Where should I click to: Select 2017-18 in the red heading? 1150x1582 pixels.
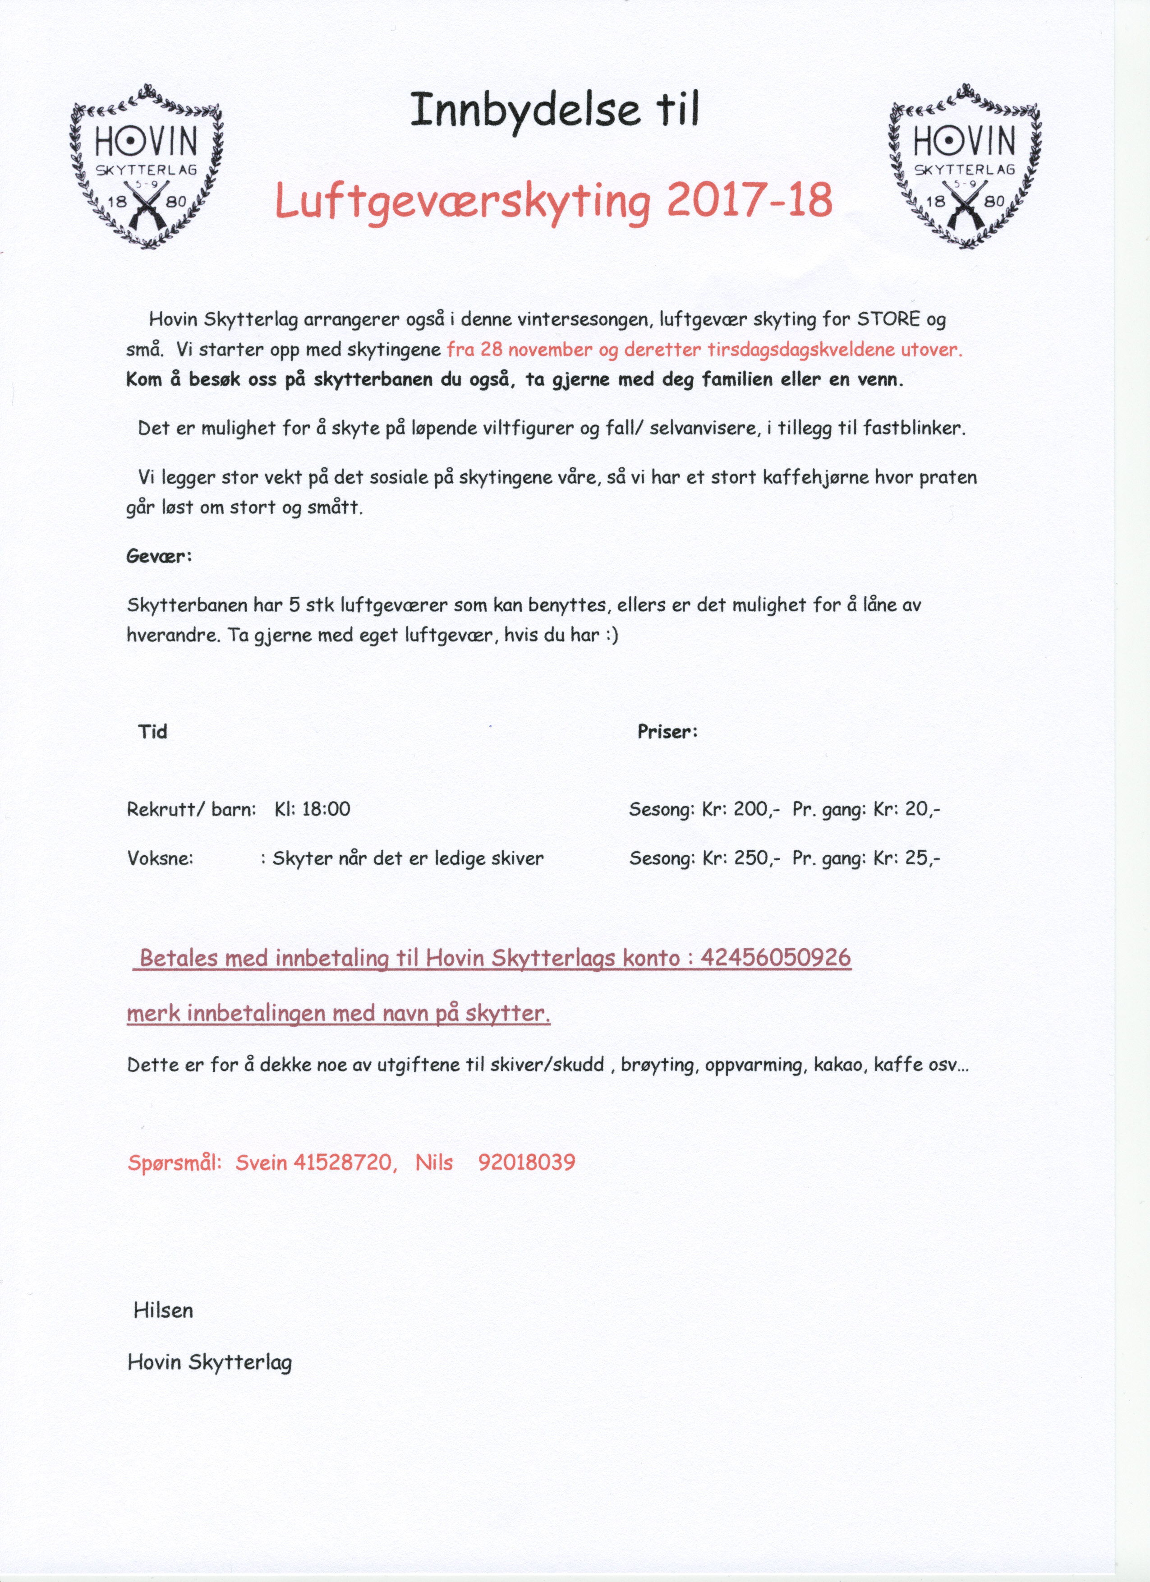(749, 201)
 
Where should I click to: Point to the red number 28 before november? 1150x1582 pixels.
(492, 350)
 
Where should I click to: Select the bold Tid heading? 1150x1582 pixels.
(153, 732)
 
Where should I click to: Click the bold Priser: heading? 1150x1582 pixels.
(667, 732)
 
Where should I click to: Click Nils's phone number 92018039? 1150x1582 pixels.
(527, 1162)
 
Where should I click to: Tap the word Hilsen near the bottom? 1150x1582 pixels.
(163, 1310)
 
